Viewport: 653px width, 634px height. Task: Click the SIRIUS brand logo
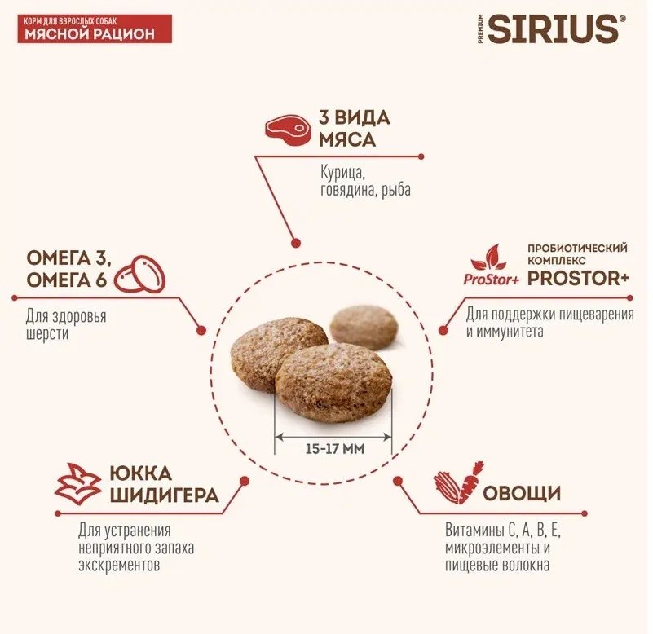(552, 29)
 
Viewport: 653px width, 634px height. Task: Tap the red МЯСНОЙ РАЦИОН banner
(95, 29)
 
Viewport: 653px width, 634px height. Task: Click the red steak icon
(289, 130)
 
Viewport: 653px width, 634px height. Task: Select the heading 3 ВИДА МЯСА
(355, 129)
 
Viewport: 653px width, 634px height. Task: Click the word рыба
(396, 190)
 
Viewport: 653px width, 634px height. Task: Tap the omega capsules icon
(140, 274)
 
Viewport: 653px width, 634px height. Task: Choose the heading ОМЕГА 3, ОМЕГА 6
(68, 269)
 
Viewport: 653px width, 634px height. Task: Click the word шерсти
(47, 334)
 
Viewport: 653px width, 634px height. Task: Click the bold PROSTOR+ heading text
(578, 279)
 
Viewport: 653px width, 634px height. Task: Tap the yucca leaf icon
(78, 484)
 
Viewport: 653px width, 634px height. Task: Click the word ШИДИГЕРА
(164, 495)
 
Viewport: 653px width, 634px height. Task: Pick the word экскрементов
(119, 566)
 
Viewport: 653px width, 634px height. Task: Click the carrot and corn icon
(459, 482)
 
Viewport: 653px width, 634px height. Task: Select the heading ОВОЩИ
(522, 493)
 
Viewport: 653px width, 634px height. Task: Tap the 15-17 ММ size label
(335, 449)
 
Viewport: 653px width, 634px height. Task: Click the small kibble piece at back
(364, 328)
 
